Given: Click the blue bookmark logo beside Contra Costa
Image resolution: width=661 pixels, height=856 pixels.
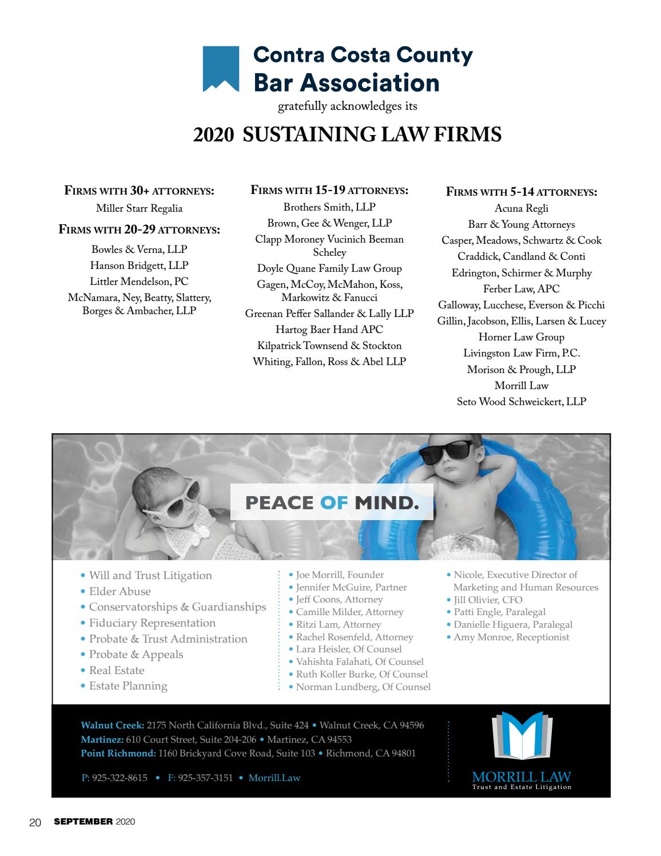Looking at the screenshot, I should coord(221,69).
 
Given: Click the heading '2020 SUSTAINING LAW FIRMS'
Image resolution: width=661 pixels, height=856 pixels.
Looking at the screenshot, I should coord(347,135).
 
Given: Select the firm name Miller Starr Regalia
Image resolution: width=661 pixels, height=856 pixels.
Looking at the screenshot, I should coord(139,208).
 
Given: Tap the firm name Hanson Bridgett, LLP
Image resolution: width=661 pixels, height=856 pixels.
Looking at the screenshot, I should coord(139,265).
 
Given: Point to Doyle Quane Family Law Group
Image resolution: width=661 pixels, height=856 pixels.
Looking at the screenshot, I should coord(329,268).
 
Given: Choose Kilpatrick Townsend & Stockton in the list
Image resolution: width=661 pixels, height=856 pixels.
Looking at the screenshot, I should coord(329,346).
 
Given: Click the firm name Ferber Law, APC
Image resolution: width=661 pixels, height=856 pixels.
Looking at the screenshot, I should coord(521,289).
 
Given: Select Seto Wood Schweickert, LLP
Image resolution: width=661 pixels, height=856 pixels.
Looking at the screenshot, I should coord(521,402).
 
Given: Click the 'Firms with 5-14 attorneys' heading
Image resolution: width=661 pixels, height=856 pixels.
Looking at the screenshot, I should coord(521,192).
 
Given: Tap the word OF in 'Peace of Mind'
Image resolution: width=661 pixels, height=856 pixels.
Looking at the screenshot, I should coord(334,504).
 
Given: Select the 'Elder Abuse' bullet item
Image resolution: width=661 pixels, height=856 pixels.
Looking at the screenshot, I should coord(120,592).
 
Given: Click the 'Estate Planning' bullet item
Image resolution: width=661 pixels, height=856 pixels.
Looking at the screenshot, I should coord(128,686).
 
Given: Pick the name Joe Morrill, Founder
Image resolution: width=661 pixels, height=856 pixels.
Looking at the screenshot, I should coord(340,575).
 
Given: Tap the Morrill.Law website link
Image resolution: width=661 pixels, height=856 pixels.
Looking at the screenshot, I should coord(274,778).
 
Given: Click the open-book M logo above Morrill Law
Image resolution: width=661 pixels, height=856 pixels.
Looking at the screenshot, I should coord(521,739).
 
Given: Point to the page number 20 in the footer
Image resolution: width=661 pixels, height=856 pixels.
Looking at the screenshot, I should coord(35,822).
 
